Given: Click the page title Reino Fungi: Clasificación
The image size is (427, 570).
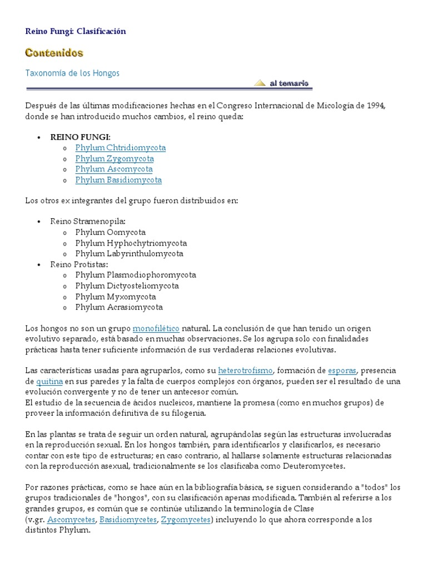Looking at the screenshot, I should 76,31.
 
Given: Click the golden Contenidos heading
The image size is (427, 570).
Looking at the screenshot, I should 54,53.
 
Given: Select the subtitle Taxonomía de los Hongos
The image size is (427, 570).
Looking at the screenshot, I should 72,73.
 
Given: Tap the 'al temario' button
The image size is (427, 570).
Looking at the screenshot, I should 283,83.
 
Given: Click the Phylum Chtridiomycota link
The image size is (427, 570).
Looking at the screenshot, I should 120,148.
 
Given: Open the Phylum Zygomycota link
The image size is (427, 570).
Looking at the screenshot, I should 115,159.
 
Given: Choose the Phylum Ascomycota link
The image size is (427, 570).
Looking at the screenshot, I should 114,169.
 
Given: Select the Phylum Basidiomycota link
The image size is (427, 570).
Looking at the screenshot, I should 118,180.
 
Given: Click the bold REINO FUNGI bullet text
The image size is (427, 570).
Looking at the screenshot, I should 80,137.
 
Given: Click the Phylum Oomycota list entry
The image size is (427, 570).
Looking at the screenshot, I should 110,232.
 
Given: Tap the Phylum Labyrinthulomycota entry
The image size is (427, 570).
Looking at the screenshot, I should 129,254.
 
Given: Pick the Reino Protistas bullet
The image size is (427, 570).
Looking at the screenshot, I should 79,264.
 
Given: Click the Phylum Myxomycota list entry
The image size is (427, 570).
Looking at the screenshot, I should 115,297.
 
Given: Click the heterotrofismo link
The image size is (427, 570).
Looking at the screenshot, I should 245,370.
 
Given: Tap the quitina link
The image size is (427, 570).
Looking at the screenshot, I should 49,381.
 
